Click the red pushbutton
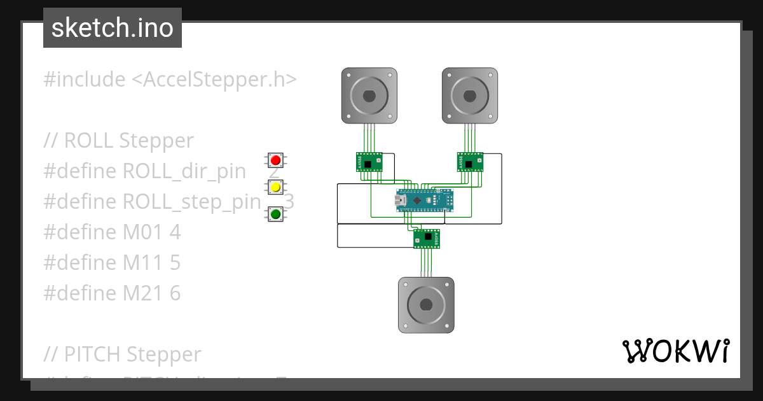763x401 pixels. point(275,160)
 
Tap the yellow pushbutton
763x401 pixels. point(275,187)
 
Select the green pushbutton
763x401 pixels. point(275,215)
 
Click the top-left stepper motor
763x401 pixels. point(369,95)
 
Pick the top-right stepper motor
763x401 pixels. point(470,95)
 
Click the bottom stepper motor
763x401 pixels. point(426,305)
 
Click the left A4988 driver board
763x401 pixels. point(369,162)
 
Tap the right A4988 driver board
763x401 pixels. point(470,162)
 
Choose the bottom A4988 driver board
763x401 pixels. point(427,237)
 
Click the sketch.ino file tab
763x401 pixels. point(113,28)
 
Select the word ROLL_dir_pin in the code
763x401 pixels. point(184,171)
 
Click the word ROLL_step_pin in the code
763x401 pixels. point(191,202)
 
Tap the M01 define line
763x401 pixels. point(112,232)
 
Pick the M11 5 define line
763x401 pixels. point(112,262)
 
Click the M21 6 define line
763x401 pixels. point(112,293)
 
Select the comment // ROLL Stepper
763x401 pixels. point(118,141)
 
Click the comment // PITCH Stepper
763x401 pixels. point(122,354)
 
